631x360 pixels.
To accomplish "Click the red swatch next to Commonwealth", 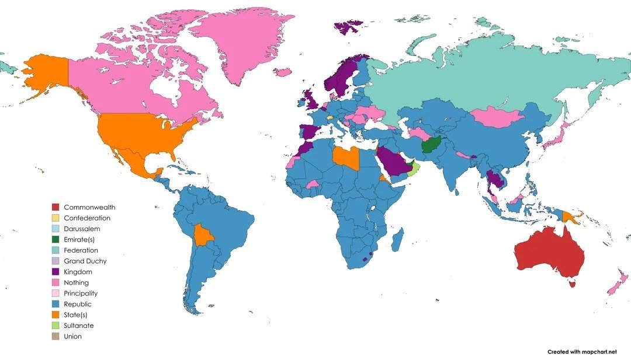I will click(x=56, y=207).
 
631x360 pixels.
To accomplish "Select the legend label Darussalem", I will click(x=82, y=229).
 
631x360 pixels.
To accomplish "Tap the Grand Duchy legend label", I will click(x=85, y=261).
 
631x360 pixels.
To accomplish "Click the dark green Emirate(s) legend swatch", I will click(x=56, y=239).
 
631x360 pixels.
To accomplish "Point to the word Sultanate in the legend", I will click(x=78, y=326).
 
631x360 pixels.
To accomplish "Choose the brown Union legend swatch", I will click(x=56, y=337).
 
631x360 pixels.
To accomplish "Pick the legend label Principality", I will click(x=81, y=293).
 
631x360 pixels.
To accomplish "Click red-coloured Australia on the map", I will click(x=549, y=254).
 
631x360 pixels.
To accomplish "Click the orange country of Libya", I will click(x=345, y=158).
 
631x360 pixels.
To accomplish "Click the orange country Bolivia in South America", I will click(x=203, y=235).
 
